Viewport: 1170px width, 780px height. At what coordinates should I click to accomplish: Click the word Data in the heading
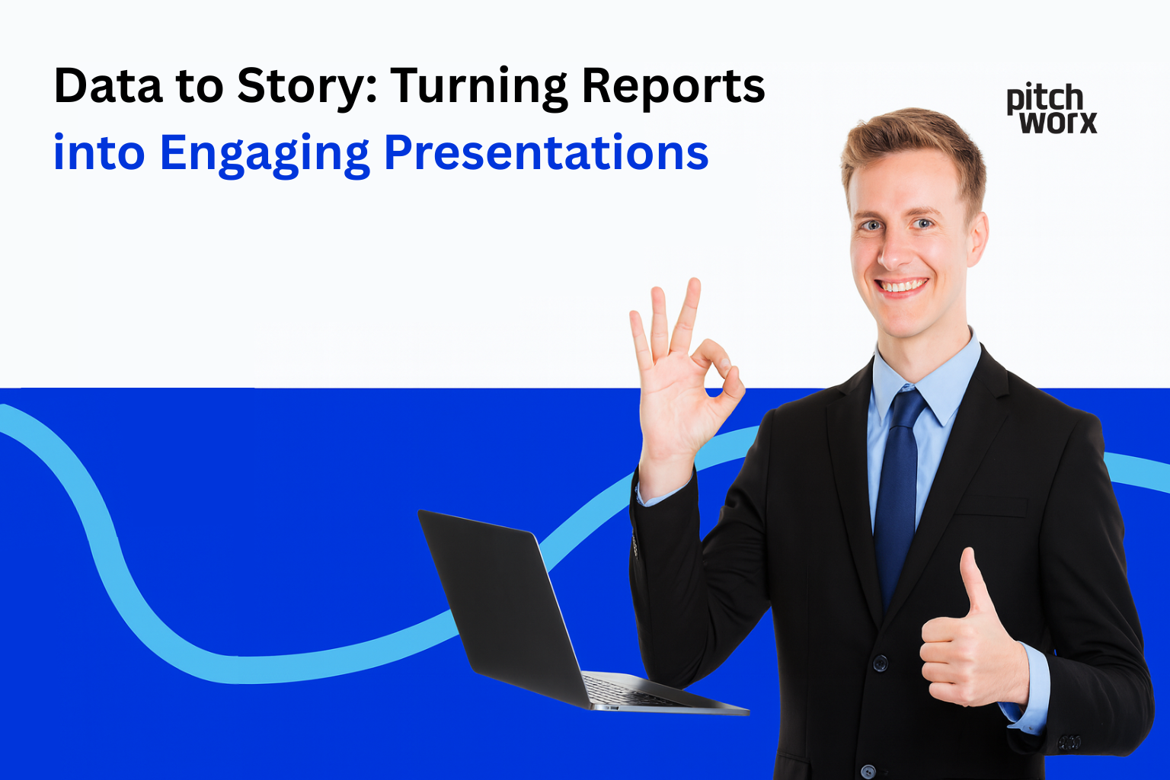click(108, 85)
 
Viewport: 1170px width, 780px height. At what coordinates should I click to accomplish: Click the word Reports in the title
click(673, 87)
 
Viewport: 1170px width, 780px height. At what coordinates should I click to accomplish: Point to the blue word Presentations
click(546, 152)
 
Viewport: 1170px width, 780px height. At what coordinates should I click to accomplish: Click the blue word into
click(98, 152)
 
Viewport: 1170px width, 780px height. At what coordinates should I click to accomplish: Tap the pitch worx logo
click(1051, 108)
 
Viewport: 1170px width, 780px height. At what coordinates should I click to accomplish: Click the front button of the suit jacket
click(881, 663)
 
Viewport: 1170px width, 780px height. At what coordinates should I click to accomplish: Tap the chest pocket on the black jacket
click(990, 506)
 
